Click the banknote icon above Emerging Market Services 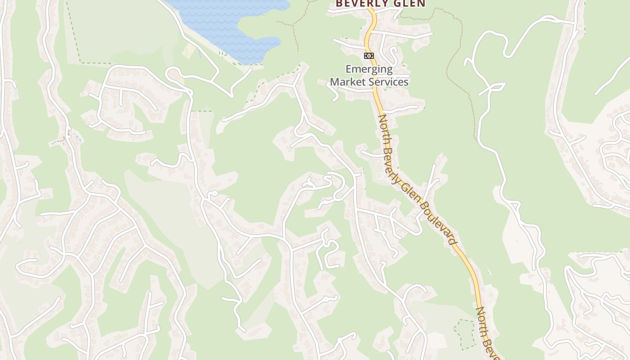pos(369,56)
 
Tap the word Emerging pos(369,69)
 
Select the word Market pos(348,82)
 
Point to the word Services pos(388,82)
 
